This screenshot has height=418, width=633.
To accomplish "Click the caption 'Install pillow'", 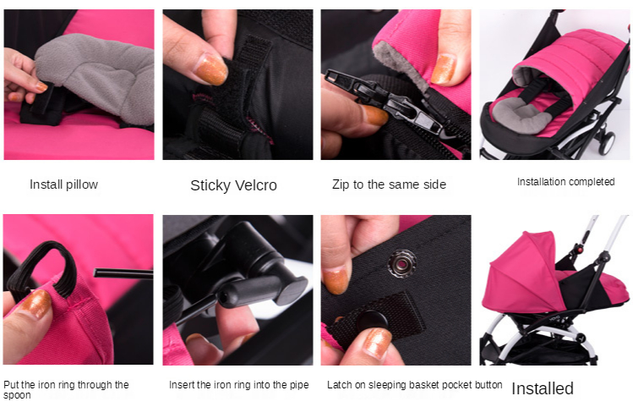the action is click(63, 184).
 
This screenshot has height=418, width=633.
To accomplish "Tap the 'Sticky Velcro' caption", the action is click(233, 185).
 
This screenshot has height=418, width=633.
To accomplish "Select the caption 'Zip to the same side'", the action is click(389, 184).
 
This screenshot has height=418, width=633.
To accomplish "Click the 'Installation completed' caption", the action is click(565, 182).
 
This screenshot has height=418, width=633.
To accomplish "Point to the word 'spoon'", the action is click(17, 395).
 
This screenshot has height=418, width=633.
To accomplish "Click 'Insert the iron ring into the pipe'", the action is click(238, 385).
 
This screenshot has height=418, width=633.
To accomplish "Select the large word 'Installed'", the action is click(543, 388).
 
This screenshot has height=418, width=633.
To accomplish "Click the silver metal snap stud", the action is click(402, 263).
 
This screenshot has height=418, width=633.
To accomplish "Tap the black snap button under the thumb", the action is click(371, 319).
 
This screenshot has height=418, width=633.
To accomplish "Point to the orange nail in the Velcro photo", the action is click(211, 69).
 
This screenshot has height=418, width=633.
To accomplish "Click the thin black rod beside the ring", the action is click(123, 273).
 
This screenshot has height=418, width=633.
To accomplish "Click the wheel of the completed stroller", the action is click(606, 142).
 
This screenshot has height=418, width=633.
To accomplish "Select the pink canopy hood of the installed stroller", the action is click(525, 275).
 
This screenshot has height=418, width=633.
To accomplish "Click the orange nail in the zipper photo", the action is click(443, 69).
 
